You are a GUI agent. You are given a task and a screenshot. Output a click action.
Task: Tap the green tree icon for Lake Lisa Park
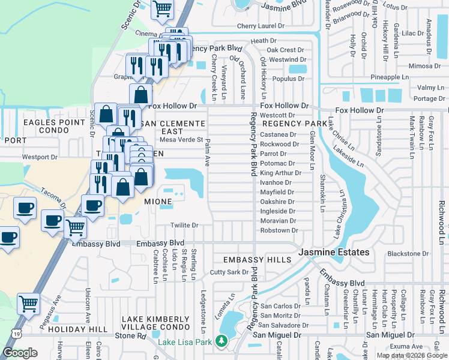pyautogui.click(x=221, y=341)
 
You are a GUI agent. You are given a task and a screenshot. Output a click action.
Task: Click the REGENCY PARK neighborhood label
pyautogui.click(x=285, y=123)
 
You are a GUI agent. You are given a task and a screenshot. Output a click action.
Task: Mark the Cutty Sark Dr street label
pyautogui.click(x=229, y=272)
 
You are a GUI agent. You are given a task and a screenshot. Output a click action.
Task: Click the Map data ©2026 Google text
pyautogui.click(x=412, y=355)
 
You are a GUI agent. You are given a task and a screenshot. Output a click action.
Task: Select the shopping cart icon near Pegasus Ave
pyautogui.click(x=28, y=304)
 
